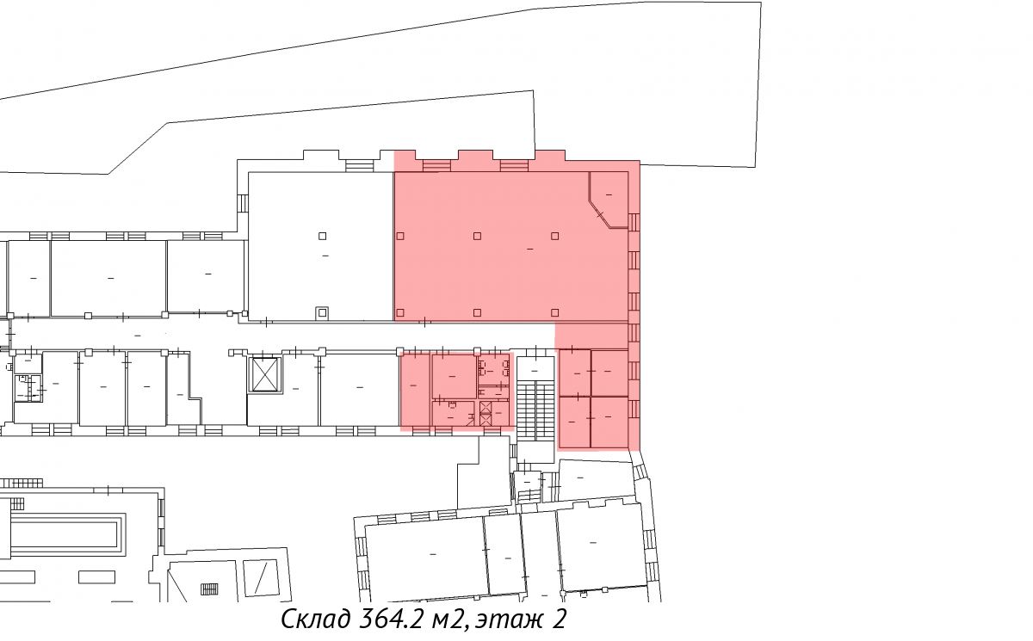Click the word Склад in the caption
click(315, 619)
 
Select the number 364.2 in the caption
click(390, 619)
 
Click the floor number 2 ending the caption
click(559, 619)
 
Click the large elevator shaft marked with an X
click(264, 374)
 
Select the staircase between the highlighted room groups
click(535, 410)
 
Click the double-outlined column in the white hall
click(322, 313)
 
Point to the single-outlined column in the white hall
click(322, 236)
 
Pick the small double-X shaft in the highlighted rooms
click(486, 413)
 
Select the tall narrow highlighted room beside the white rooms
click(415, 390)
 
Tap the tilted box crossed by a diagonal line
click(261, 578)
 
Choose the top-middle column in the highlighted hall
click(477, 236)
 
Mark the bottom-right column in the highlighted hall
click(554, 312)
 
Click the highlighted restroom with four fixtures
click(493, 368)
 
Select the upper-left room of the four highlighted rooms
click(575, 373)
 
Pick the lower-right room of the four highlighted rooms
click(609, 422)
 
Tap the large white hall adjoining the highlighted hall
click(321, 246)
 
